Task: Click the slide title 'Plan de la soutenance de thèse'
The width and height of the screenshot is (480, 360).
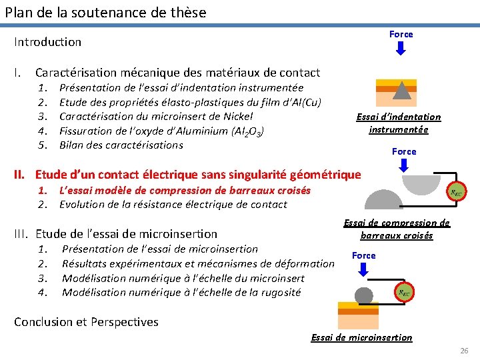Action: tap(105, 12)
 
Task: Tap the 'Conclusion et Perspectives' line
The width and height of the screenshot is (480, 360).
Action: tap(87, 322)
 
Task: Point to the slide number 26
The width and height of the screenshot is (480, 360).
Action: tap(464, 351)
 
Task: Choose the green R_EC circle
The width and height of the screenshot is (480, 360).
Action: tap(403, 292)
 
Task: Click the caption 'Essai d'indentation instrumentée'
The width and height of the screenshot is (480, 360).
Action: tap(399, 123)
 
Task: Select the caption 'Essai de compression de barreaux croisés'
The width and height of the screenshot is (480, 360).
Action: tap(397, 229)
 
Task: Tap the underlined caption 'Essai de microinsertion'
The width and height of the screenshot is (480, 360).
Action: tap(361, 337)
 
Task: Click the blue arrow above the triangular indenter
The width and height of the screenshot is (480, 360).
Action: tap(401, 48)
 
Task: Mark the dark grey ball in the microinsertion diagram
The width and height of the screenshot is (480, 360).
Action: tap(364, 294)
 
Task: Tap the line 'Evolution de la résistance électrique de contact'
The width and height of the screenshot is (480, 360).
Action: tap(173, 204)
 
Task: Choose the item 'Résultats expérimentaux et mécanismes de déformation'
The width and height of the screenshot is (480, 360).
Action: tap(198, 263)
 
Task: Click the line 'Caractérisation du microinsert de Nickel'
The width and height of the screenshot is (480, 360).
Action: tap(156, 116)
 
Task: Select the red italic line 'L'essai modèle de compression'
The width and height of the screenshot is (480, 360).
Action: tap(185, 190)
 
